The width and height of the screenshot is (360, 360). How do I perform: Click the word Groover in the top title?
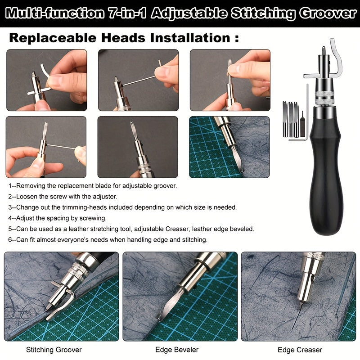(328, 13)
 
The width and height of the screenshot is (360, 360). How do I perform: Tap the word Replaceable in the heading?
(53, 37)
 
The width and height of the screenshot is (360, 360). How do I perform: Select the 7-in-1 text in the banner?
(127, 13)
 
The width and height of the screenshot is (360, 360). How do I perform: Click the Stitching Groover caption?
(54, 350)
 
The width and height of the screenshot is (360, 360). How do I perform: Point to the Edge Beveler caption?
(177, 350)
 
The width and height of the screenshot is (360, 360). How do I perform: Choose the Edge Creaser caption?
(300, 350)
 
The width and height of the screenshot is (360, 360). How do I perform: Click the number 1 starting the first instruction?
(10, 186)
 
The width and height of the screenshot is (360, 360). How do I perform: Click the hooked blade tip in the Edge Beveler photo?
(158, 318)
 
